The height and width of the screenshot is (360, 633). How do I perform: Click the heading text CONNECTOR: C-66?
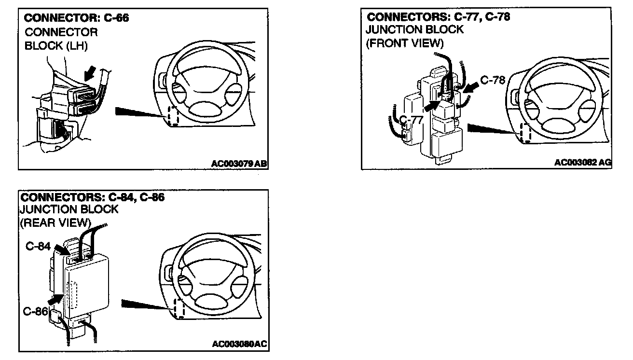77,19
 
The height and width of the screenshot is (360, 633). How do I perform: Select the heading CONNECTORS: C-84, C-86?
92,197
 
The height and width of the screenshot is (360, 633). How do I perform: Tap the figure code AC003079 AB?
239,164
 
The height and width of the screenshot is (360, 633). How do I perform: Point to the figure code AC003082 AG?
583,163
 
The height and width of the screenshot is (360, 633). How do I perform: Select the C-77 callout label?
411,120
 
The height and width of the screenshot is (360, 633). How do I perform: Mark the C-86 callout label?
35,311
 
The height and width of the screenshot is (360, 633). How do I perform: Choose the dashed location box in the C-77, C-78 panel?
525,133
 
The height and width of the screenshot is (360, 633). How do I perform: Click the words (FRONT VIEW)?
404,43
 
